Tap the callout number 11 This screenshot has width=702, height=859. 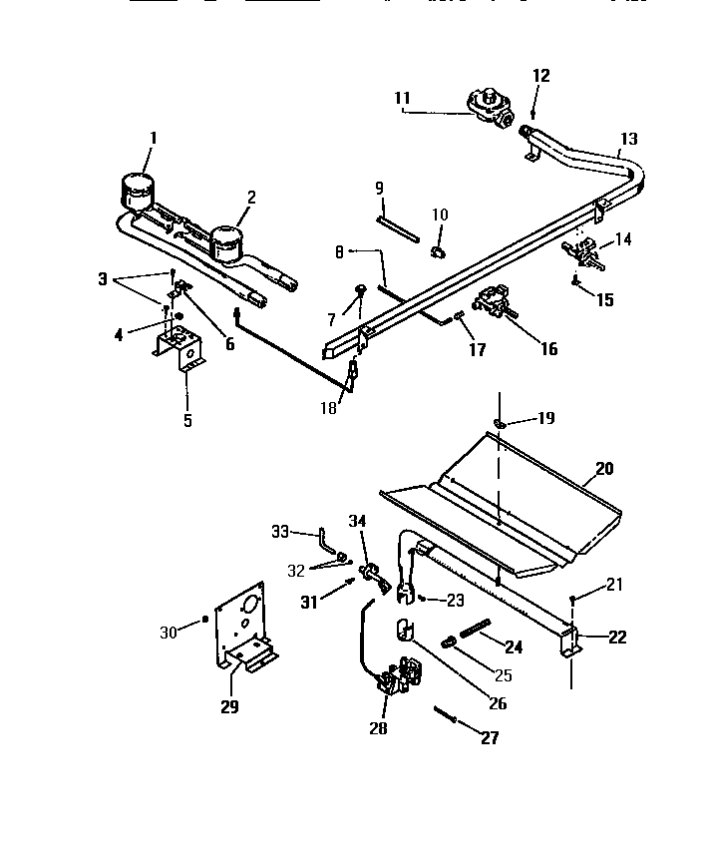403,98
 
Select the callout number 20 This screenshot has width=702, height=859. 605,467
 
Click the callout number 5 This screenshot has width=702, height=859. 186,420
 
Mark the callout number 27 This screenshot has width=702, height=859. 489,738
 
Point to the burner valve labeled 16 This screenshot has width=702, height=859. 495,302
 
